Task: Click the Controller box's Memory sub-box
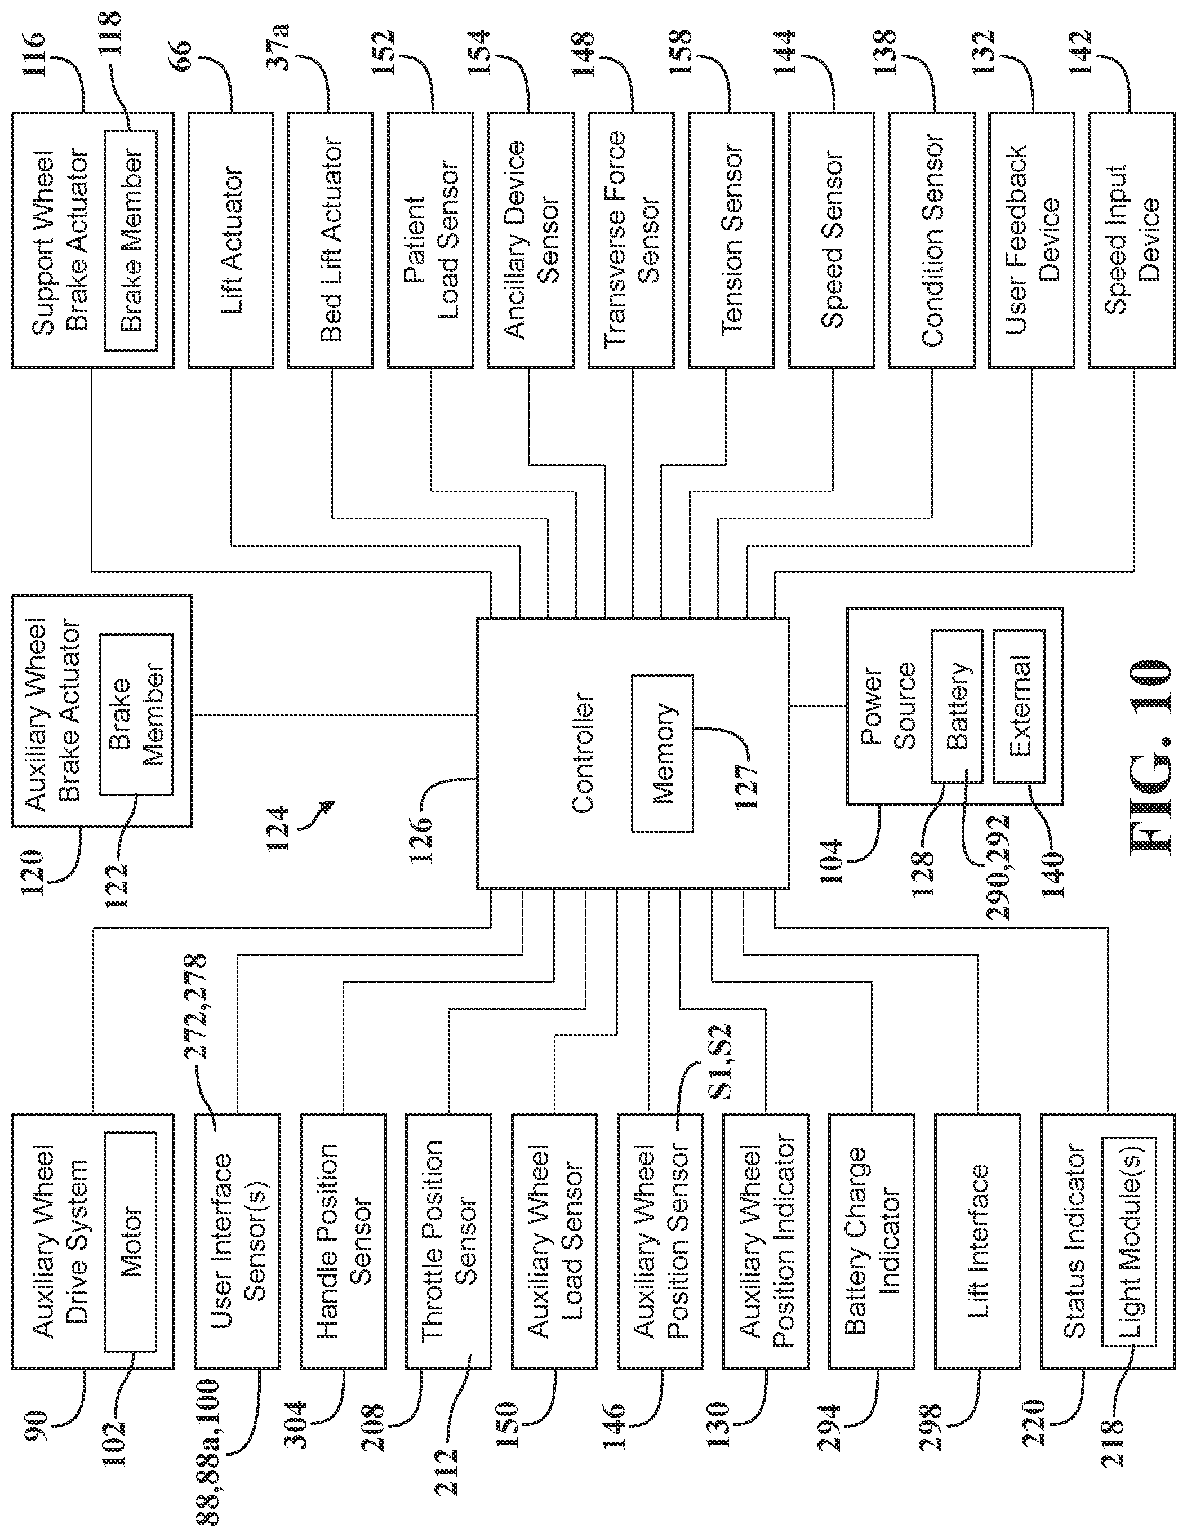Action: [661, 754]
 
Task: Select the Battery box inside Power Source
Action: [956, 706]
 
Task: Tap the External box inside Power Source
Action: [1018, 706]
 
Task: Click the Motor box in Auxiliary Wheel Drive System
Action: [130, 1241]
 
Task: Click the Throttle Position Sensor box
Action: [448, 1241]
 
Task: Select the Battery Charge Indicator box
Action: [872, 1241]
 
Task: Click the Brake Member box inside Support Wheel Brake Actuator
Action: [131, 240]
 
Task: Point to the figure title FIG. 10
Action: [1150, 757]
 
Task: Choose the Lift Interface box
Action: [977, 1241]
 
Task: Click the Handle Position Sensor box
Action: [343, 1241]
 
